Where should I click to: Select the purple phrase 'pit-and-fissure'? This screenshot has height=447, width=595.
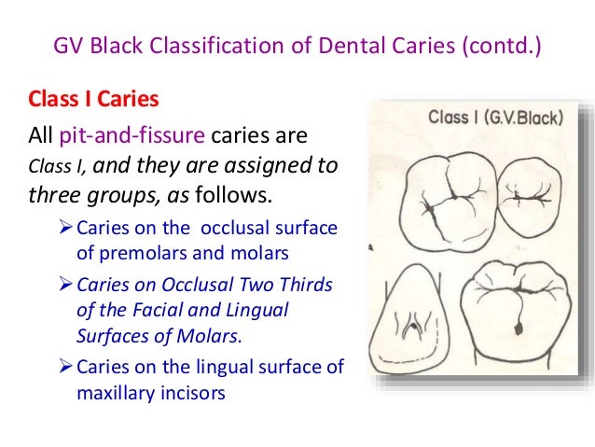(x=131, y=137)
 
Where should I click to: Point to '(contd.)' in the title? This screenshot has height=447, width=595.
(x=502, y=45)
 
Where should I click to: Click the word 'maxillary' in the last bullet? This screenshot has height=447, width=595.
(x=116, y=393)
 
